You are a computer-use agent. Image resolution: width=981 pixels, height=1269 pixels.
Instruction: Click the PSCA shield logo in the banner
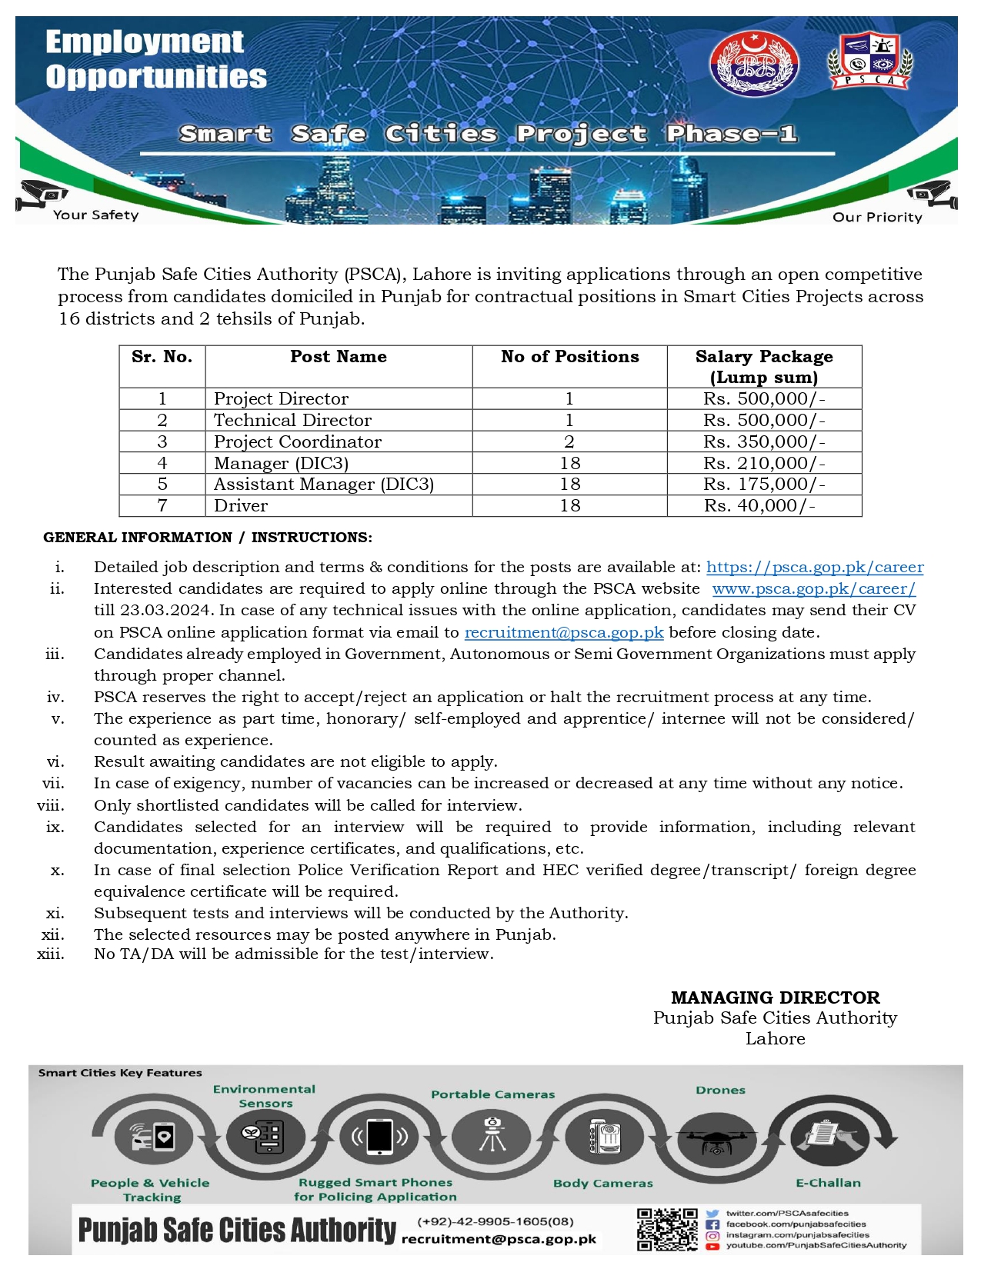click(x=869, y=59)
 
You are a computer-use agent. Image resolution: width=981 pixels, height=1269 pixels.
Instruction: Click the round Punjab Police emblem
click(x=753, y=64)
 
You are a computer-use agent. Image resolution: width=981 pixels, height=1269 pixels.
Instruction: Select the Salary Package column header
click(x=763, y=366)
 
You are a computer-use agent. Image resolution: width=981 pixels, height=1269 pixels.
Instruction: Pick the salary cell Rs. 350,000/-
click(x=763, y=441)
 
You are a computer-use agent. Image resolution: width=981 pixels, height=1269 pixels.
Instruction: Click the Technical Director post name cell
click(x=292, y=420)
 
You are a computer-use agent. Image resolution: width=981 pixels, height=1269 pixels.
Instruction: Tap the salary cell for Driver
click(x=759, y=505)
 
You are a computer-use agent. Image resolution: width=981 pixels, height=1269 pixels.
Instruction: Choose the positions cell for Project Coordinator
click(x=569, y=441)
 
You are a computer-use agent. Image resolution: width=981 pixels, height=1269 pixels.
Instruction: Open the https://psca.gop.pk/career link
click(x=814, y=567)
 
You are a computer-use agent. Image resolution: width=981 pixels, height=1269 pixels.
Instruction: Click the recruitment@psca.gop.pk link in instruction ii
click(x=563, y=632)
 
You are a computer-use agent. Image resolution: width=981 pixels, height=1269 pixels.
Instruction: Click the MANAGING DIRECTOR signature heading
click(x=775, y=998)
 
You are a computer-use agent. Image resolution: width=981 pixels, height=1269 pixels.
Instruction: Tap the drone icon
click(x=716, y=1140)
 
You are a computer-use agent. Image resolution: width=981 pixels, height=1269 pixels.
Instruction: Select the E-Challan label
click(x=828, y=1183)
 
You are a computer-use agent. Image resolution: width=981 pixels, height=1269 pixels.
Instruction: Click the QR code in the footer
click(x=666, y=1229)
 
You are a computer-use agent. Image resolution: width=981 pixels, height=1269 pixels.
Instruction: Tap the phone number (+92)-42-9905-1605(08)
click(x=496, y=1221)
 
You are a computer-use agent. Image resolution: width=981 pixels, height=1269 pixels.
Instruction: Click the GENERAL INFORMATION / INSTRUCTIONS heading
click(x=207, y=538)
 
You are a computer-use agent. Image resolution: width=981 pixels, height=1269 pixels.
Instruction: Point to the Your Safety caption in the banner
click(x=95, y=215)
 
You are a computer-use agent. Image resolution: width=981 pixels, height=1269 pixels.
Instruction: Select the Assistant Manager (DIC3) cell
click(x=323, y=484)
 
